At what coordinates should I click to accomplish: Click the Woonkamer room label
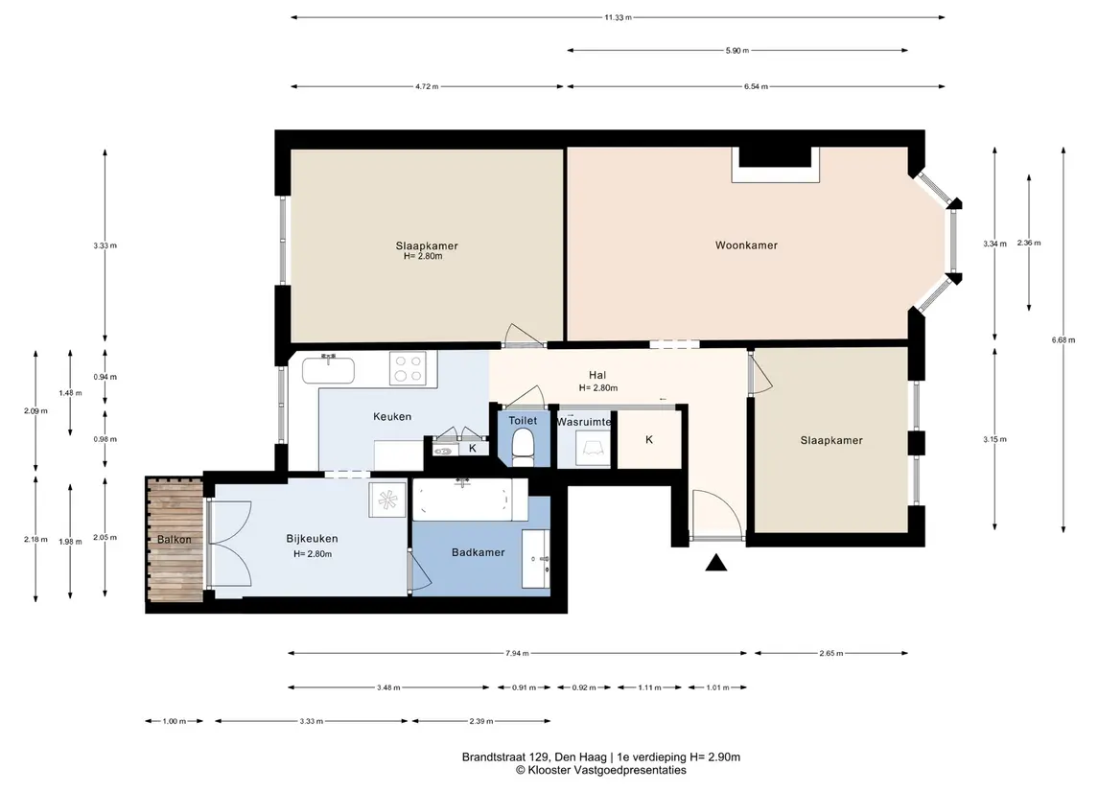[746, 245]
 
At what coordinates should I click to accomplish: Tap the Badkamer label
[479, 552]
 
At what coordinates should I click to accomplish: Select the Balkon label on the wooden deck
[175, 540]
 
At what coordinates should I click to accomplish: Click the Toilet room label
[523, 421]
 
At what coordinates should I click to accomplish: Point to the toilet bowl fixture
[523, 448]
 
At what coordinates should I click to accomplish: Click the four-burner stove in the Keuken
[409, 368]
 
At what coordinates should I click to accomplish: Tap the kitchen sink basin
[328, 369]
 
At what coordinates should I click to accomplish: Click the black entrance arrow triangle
[715, 563]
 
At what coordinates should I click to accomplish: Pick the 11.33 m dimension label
[619, 17]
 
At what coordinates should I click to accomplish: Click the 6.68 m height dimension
[1063, 340]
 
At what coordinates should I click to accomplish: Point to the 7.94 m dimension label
[517, 653]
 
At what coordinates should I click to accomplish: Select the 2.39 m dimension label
[481, 721]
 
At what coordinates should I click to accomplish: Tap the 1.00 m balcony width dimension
[175, 721]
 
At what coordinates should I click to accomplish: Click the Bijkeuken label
[312, 539]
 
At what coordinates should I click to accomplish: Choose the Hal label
[597, 375]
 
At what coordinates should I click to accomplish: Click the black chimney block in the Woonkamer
[775, 157]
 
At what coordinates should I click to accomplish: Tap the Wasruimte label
[584, 422]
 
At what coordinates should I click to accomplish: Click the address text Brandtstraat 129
[506, 756]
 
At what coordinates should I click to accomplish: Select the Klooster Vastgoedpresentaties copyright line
[601, 770]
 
